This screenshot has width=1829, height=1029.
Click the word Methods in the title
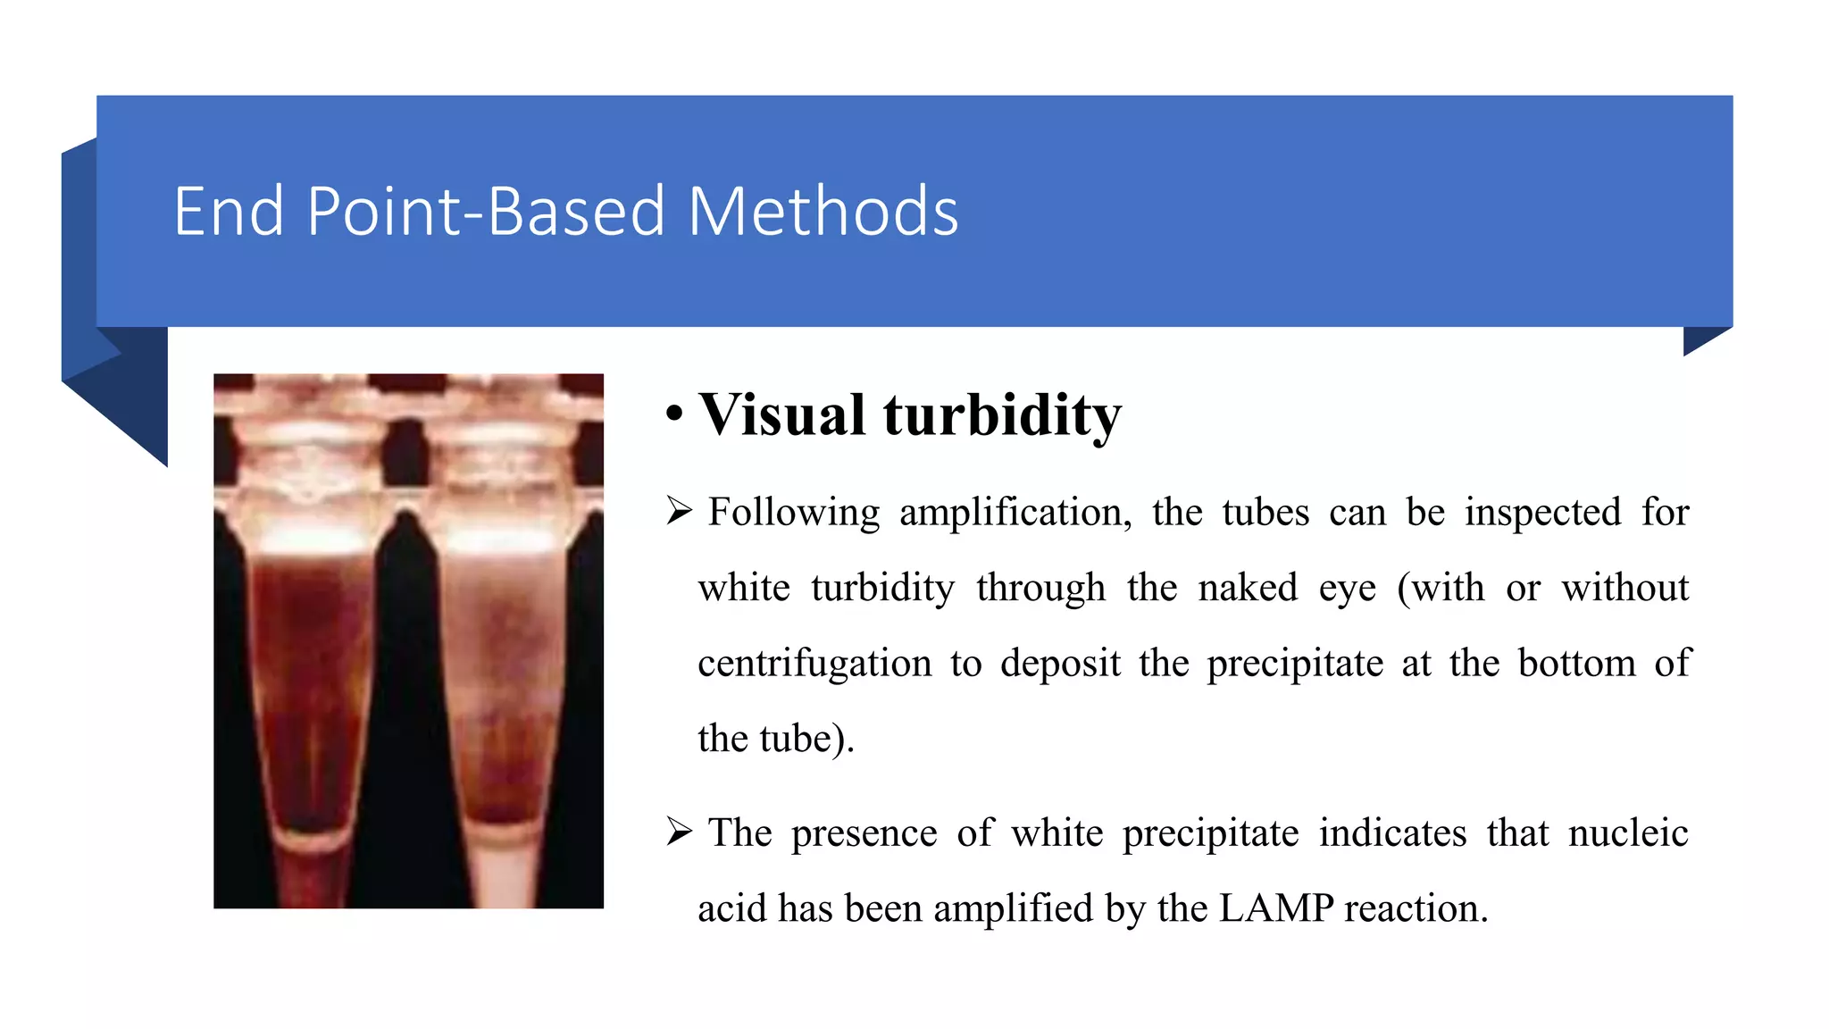(823, 212)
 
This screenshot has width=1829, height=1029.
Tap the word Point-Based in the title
(486, 212)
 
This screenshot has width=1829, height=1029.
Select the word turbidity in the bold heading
(1002, 415)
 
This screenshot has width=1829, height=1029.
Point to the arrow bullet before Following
(679, 512)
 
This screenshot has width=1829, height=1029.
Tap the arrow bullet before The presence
(679, 832)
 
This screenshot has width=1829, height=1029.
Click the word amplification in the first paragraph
(1015, 513)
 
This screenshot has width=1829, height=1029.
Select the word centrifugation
(814, 664)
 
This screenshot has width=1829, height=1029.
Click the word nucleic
(1628, 832)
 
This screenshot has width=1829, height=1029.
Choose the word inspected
(1542, 513)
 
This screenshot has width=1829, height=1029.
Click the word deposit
(1060, 664)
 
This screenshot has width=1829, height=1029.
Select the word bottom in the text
(1576, 664)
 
